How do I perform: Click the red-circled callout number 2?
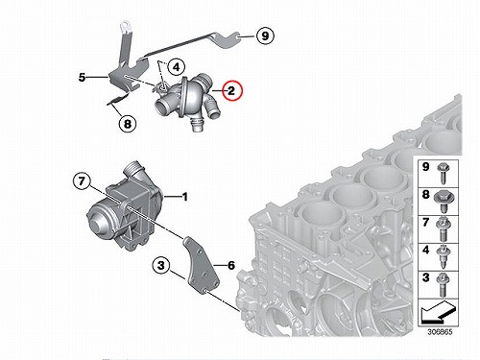(x=232, y=91)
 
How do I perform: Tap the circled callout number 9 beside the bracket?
(x=265, y=36)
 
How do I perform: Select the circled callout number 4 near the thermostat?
(x=177, y=67)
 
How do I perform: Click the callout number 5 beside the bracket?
(x=83, y=77)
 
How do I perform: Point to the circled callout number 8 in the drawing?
(x=128, y=123)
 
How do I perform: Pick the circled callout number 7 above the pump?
(x=82, y=181)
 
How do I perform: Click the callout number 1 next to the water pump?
(x=184, y=197)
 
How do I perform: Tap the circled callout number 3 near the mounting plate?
(x=161, y=265)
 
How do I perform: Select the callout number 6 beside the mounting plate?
(x=231, y=265)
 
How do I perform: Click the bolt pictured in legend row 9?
(x=444, y=174)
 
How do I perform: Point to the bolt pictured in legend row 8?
(x=444, y=202)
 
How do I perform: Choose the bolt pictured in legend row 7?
(x=444, y=229)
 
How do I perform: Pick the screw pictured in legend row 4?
(x=444, y=257)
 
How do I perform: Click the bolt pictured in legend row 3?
(x=444, y=285)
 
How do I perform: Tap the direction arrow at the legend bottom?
(x=439, y=313)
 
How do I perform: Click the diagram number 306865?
(x=440, y=331)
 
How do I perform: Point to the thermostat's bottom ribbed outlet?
(x=196, y=124)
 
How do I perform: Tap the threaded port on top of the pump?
(x=133, y=170)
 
